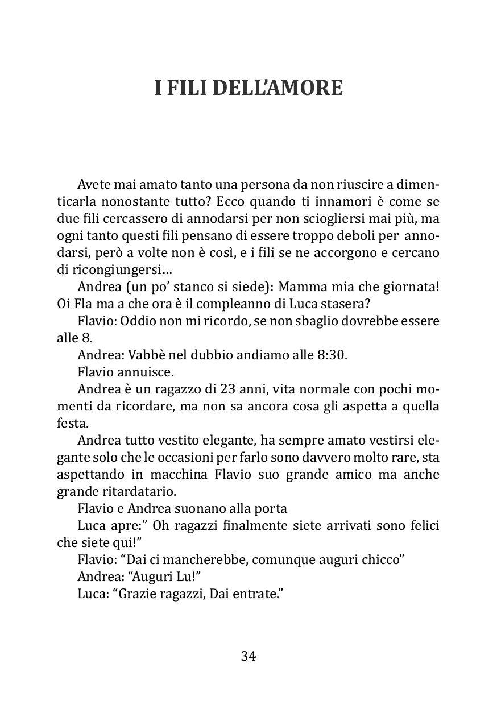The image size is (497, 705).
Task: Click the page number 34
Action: (x=248, y=656)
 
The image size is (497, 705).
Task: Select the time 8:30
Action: (x=330, y=355)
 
